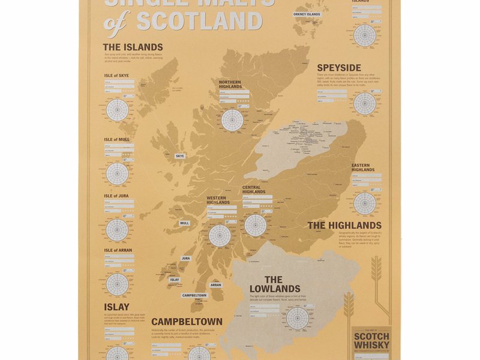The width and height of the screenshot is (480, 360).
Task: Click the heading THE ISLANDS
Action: coord(133,47)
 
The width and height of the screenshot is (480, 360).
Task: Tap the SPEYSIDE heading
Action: coord(339,68)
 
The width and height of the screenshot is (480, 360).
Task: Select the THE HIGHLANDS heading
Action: coord(344,226)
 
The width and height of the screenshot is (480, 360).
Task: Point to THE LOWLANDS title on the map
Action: coord(274,284)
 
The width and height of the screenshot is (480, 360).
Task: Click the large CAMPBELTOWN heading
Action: coord(187,322)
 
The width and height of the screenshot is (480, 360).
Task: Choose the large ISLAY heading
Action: coord(116,307)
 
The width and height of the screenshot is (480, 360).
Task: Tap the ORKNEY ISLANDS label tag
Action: coord(307,14)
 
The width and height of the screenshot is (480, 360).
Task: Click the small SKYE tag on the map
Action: coord(180,156)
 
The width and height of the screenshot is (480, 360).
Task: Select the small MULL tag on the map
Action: coord(184,223)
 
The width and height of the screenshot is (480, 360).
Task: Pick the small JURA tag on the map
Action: coord(186,259)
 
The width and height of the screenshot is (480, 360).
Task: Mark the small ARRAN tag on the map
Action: coord(216,285)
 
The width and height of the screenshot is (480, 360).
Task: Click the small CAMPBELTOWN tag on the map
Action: coord(194,295)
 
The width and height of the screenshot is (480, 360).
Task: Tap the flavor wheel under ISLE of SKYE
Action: coord(118,110)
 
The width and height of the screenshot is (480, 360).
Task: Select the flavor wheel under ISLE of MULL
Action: coord(118,173)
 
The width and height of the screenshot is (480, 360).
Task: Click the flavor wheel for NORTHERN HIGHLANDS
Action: coord(232,119)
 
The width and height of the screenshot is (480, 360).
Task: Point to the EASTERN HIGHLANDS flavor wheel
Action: coord(365,203)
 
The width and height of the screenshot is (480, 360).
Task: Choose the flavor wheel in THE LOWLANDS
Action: coord(298,318)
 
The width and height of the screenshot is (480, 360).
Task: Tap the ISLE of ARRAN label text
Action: coord(118,250)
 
